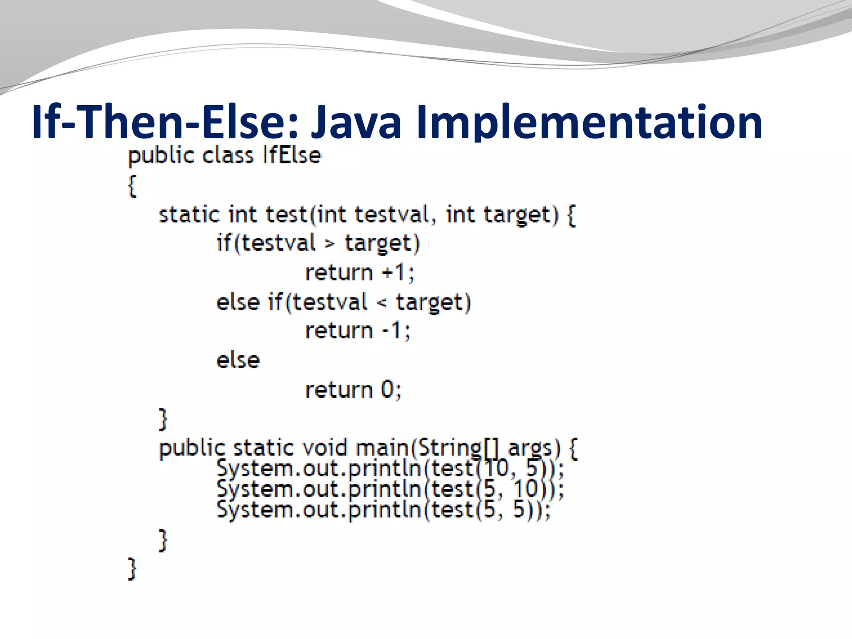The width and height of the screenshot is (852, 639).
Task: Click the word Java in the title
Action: pyautogui.click(x=355, y=122)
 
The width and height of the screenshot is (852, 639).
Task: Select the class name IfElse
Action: pyautogui.click(x=292, y=156)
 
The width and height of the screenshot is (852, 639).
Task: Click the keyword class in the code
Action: pyautogui.click(x=227, y=156)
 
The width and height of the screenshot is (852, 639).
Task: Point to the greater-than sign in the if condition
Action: pyautogui.click(x=329, y=244)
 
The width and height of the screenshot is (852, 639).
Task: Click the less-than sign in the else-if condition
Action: pyautogui.click(x=381, y=303)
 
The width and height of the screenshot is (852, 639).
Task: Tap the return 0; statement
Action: pyautogui.click(x=353, y=390)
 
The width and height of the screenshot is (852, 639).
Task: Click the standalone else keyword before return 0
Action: pyautogui.click(x=238, y=360)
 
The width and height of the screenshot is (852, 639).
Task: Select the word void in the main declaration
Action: pyautogui.click(x=324, y=448)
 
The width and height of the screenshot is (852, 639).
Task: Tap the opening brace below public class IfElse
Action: pyautogui.click(x=132, y=186)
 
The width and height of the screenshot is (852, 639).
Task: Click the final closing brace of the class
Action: pyautogui.click(x=132, y=568)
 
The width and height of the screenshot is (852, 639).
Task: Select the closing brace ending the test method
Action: pyautogui.click(x=163, y=419)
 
